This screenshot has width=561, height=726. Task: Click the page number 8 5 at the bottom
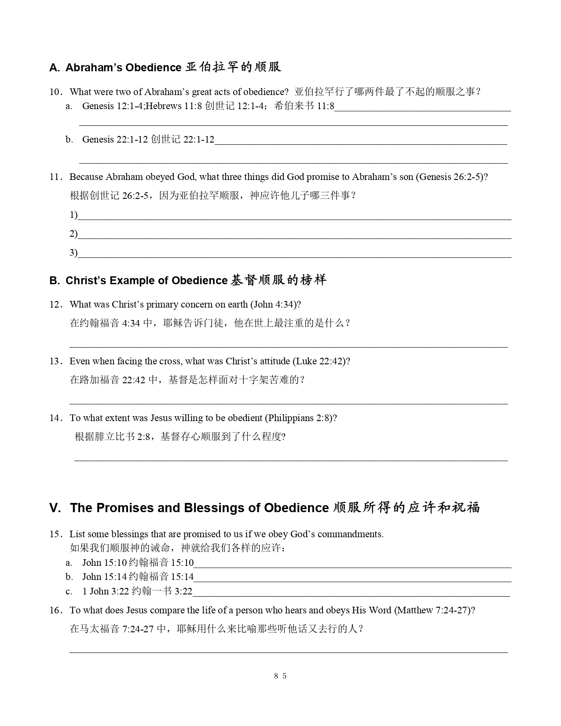(x=280, y=676)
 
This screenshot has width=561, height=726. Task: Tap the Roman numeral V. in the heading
(x=55, y=508)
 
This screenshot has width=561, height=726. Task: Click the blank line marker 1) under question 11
(x=73, y=215)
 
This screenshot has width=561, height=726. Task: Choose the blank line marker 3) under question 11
(x=73, y=253)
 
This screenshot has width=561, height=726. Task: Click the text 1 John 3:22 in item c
(x=106, y=591)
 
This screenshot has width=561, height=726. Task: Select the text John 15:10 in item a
(x=104, y=563)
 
